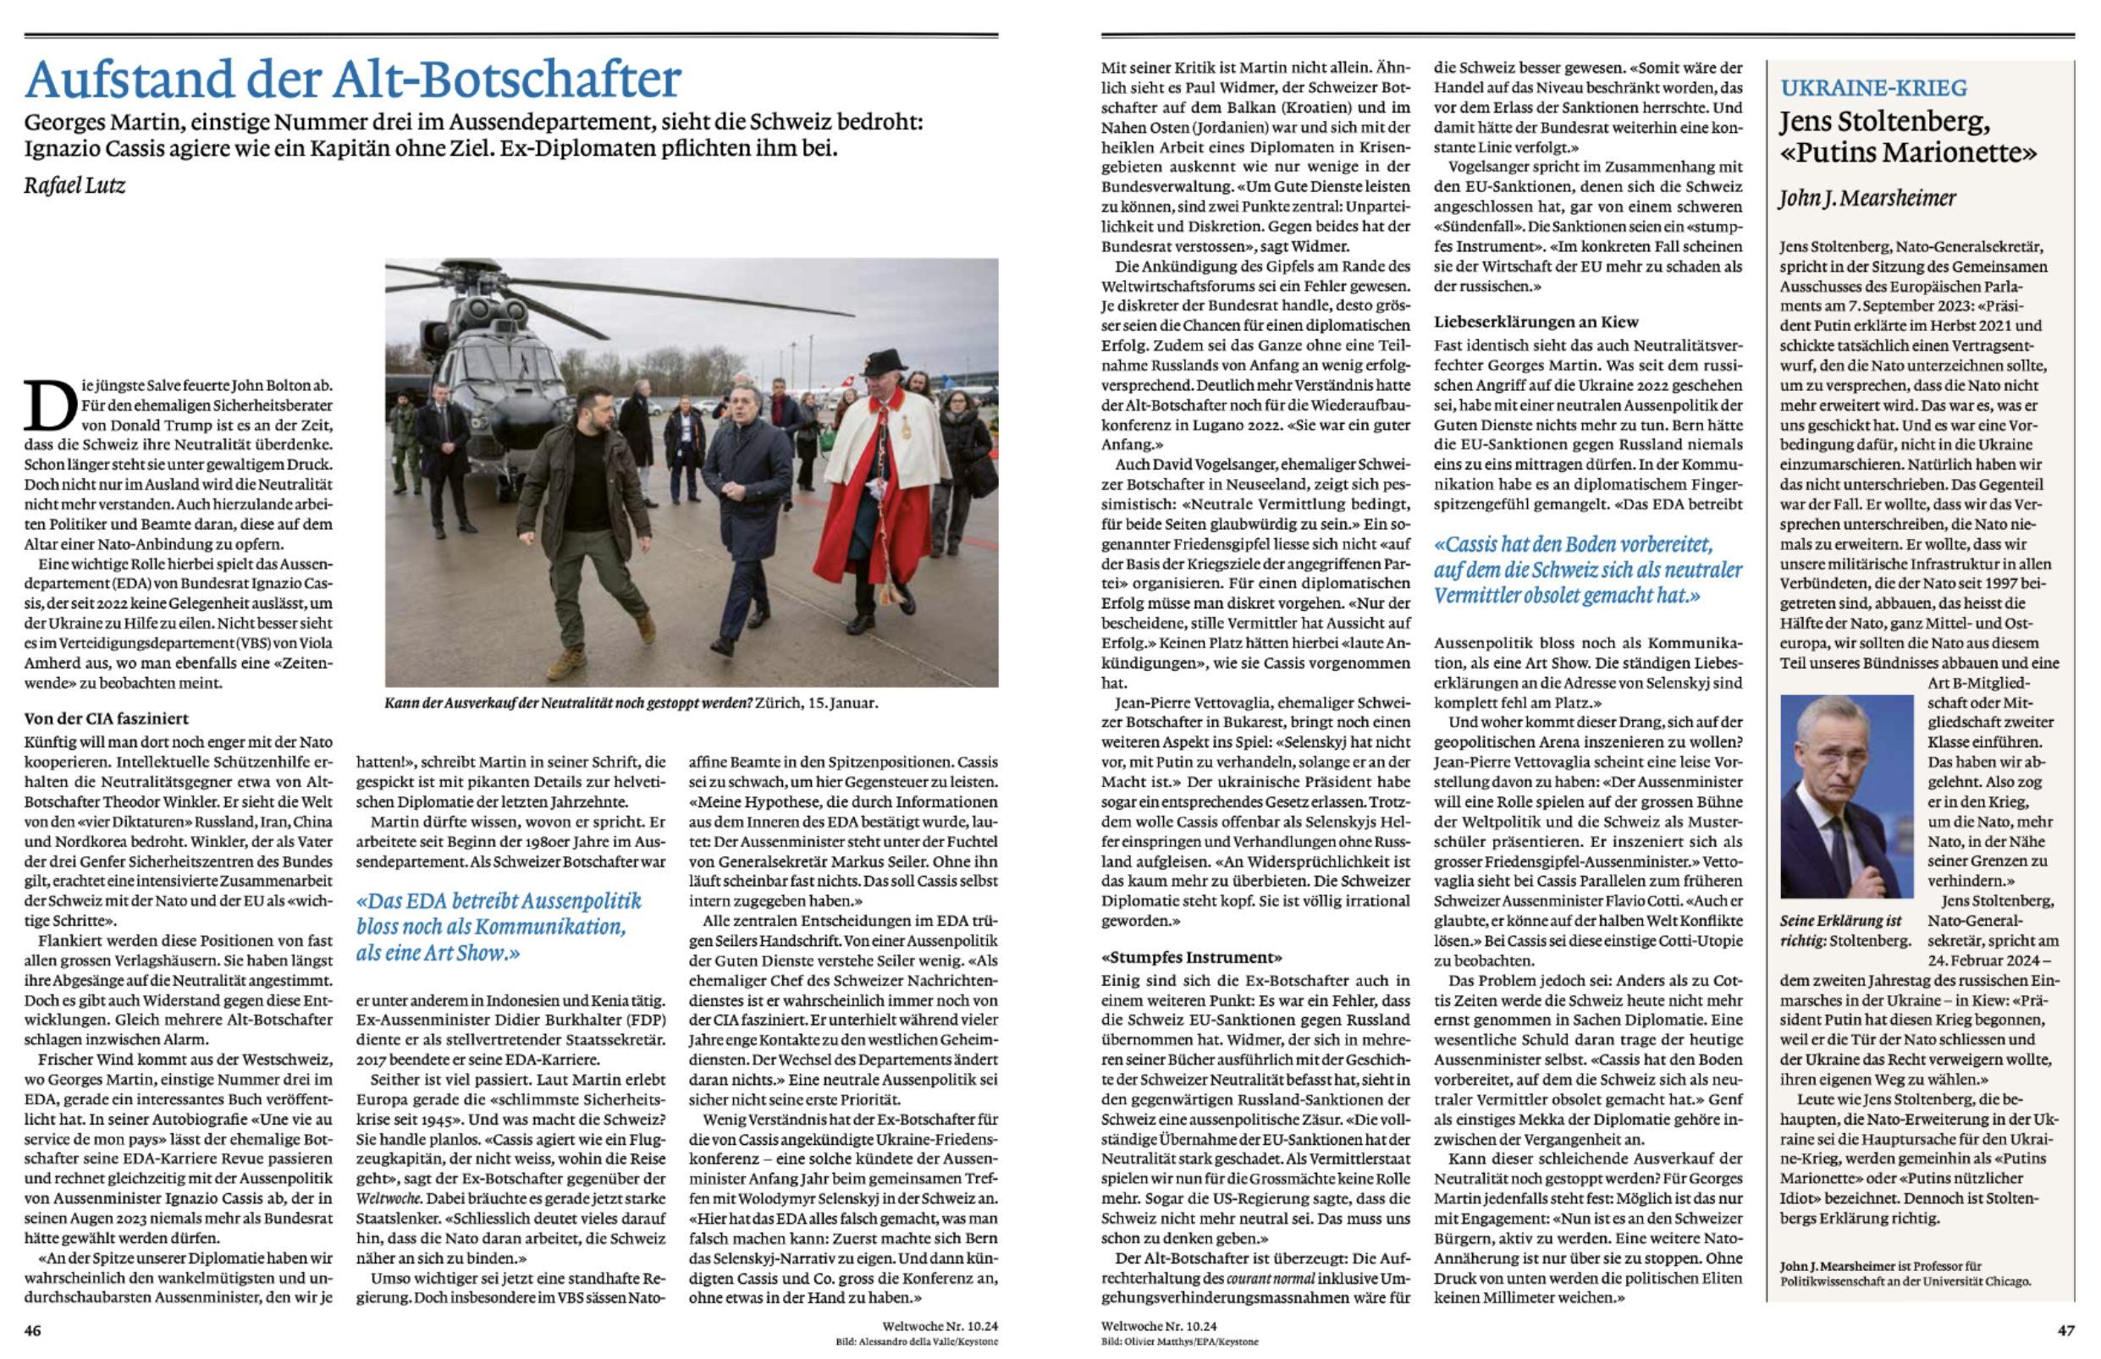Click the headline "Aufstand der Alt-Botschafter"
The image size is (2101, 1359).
click(x=352, y=80)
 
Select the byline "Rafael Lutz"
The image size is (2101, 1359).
click(x=75, y=185)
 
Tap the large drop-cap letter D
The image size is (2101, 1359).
click(x=49, y=407)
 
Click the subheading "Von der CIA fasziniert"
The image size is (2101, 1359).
click(x=107, y=718)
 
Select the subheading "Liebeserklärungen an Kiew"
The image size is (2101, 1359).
click(x=1536, y=322)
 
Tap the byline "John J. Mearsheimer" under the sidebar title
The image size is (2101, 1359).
click(x=1867, y=199)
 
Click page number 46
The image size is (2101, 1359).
click(x=33, y=1331)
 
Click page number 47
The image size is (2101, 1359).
click(x=2065, y=1331)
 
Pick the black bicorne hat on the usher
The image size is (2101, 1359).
click(x=884, y=363)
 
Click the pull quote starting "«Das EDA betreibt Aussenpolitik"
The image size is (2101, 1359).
click(x=499, y=927)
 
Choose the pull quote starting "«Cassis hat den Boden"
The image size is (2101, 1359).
click(x=1587, y=570)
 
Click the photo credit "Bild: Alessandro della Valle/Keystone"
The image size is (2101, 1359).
click(x=916, y=1342)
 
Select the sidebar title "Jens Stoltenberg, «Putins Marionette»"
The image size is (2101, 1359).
click(x=1907, y=137)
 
